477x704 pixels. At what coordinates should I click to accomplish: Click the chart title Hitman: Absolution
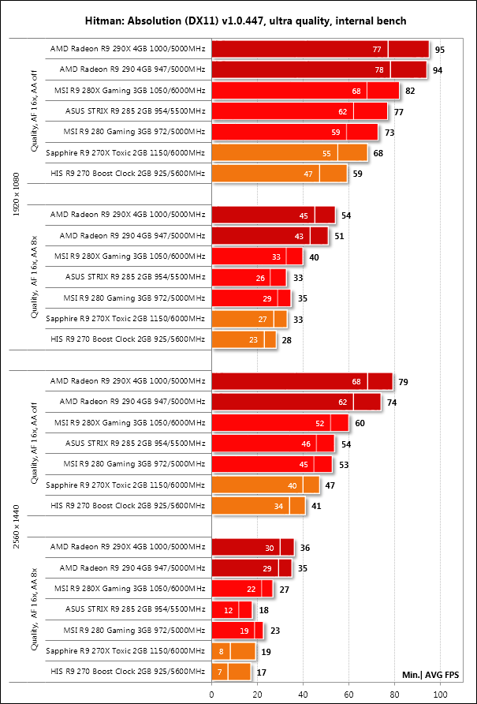coord(238,20)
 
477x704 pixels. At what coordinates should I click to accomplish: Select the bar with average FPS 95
coord(320,50)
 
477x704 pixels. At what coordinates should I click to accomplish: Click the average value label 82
coord(410,91)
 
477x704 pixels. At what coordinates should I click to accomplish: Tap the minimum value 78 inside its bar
coord(378,70)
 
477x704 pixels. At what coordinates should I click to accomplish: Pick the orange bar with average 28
coord(244,340)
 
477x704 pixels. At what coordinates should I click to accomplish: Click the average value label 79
coord(403,382)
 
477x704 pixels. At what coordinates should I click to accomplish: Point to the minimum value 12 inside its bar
coord(229,609)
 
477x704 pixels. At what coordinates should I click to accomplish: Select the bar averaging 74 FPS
coord(296,403)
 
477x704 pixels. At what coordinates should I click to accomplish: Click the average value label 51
coord(339,236)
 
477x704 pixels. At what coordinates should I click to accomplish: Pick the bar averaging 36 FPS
coord(252,548)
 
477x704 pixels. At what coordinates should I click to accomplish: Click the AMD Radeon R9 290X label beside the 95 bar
coord(128,50)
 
